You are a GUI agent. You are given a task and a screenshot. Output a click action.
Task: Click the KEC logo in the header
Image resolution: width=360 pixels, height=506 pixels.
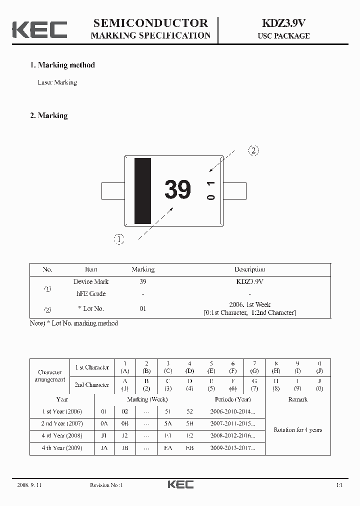39,29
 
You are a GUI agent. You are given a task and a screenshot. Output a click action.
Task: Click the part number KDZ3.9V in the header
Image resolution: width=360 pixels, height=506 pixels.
283,23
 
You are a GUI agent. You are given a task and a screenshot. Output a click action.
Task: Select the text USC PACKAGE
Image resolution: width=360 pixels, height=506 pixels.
283,36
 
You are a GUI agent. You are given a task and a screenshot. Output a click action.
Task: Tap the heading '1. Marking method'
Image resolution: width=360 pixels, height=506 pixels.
62,65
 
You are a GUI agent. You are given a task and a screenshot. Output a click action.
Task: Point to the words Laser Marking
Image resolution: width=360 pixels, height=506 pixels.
57,82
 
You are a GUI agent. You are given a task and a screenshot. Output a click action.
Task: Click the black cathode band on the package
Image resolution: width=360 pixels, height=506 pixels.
142,190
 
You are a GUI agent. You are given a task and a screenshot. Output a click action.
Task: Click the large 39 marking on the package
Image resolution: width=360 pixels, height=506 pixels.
177,190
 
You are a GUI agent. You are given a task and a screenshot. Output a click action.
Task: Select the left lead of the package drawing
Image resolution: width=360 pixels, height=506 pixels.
112,190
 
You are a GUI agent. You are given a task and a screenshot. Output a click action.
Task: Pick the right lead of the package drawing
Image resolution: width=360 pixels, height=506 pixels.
234,190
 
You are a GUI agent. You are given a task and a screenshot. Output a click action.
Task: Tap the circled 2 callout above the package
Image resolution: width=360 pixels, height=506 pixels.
253,150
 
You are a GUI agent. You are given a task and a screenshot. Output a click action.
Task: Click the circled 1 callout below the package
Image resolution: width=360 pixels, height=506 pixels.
119,239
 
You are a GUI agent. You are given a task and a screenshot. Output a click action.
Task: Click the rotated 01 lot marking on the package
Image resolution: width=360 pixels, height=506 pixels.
211,190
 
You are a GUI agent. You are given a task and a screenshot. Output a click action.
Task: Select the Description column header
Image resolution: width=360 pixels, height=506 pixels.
249,269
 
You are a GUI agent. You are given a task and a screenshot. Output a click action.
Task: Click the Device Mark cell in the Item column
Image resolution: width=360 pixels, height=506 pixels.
91,281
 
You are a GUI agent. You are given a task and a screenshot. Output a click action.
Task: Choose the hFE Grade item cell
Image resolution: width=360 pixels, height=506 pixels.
91,293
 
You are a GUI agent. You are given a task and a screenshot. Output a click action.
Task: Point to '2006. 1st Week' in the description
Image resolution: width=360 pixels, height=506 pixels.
249,304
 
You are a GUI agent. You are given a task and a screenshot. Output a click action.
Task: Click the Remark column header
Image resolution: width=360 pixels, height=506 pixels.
297,399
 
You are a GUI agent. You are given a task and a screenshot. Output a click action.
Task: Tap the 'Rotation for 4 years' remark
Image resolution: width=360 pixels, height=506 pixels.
297,430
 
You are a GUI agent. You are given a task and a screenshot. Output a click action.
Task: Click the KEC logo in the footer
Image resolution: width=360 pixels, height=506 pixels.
180,484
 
